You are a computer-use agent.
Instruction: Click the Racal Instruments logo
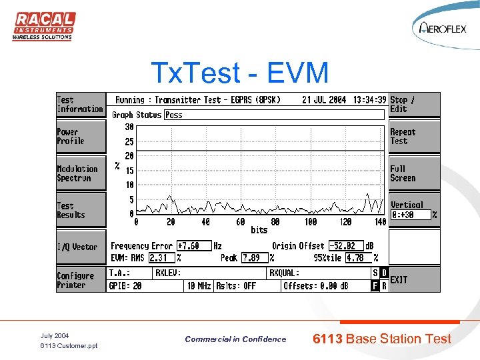pyautogui.click(x=43, y=26)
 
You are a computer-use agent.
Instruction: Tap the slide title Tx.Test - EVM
pyautogui.click(x=239, y=72)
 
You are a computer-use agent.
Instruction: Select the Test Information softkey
pyautogui.click(x=80, y=105)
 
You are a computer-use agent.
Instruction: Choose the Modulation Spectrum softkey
pyautogui.click(x=80, y=173)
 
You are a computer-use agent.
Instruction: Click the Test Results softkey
pyautogui.click(x=80, y=210)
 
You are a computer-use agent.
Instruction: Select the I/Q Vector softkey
pyautogui.click(x=80, y=247)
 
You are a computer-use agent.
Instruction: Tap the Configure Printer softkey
pyautogui.click(x=80, y=280)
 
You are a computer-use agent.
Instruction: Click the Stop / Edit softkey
pyautogui.click(x=414, y=105)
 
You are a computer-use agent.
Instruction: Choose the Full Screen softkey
pyautogui.click(x=414, y=173)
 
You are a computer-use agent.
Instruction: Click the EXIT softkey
pyautogui.click(x=414, y=279)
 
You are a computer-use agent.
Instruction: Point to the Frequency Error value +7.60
pyautogui.click(x=193, y=246)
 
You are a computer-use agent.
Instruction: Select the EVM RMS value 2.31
pyautogui.click(x=161, y=257)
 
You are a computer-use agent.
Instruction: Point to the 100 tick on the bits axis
pyautogui.click(x=311, y=222)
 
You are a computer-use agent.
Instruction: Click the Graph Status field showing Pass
pyautogui.click(x=273, y=115)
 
